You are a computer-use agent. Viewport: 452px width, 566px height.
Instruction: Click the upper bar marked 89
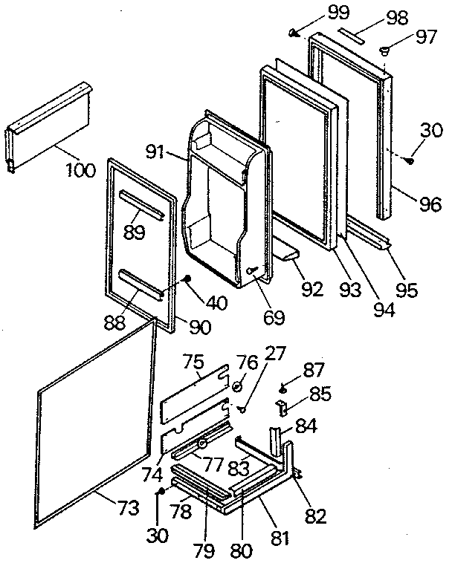[139, 205]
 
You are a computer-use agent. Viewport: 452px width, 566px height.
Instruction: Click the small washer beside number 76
[236, 386]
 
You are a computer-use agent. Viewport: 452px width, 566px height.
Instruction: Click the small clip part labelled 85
[282, 407]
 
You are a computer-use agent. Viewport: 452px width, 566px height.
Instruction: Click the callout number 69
[274, 317]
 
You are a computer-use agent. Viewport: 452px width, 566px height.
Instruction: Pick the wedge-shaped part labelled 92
[288, 256]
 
